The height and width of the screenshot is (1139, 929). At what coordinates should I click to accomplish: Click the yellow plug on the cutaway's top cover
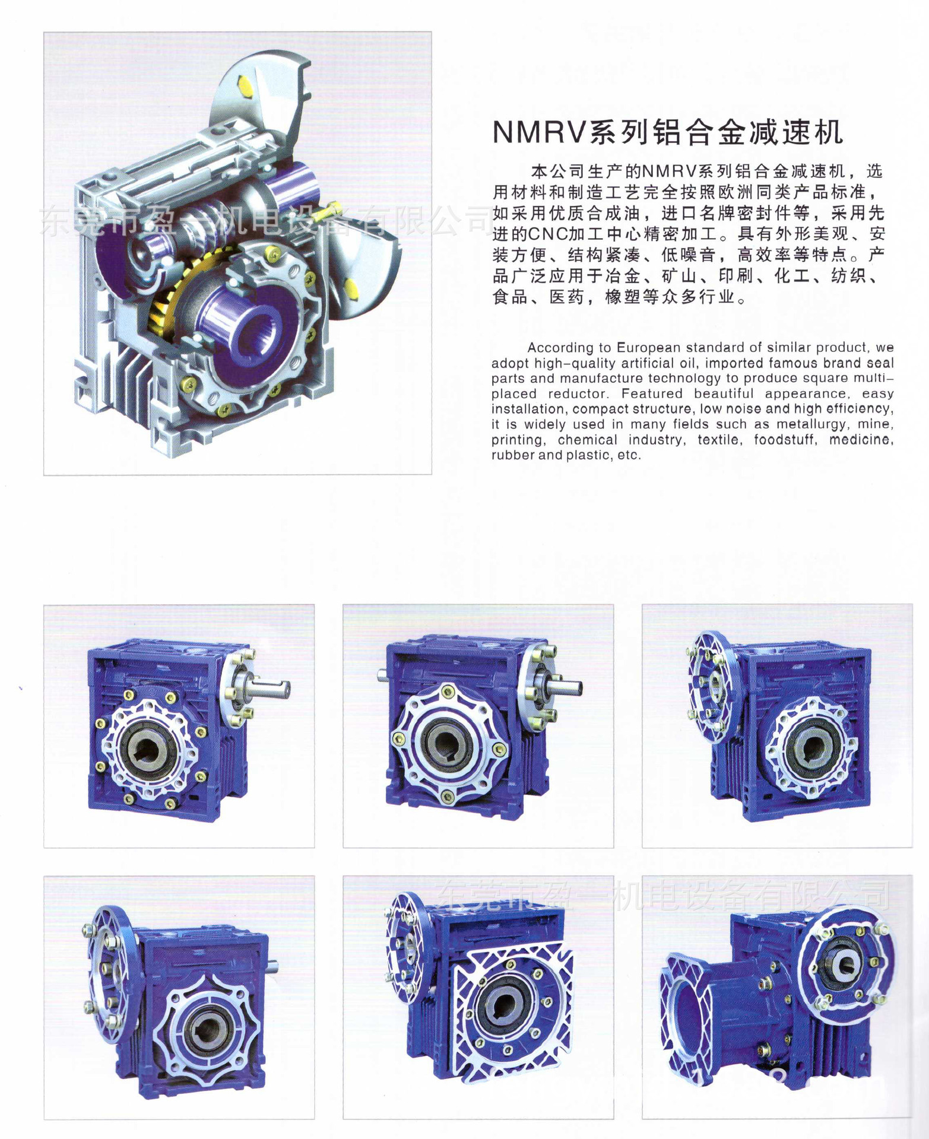point(246,87)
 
